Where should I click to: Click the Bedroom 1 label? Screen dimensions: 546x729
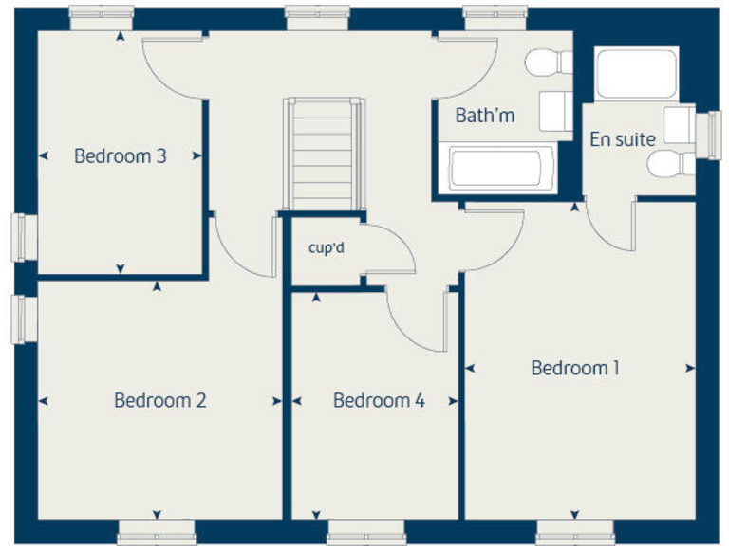click(x=575, y=368)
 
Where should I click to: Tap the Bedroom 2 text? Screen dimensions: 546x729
click(x=159, y=400)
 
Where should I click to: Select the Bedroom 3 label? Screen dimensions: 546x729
click(x=121, y=155)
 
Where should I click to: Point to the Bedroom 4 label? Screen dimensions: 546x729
click(x=379, y=400)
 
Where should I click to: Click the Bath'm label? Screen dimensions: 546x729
click(x=485, y=116)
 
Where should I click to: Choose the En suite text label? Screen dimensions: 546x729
click(x=623, y=139)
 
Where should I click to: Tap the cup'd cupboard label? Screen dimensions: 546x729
click(x=326, y=248)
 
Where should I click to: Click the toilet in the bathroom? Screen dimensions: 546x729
click(x=550, y=64)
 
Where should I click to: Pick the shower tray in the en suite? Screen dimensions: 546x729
click(x=635, y=73)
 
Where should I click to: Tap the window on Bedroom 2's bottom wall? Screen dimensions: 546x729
click(x=157, y=534)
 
